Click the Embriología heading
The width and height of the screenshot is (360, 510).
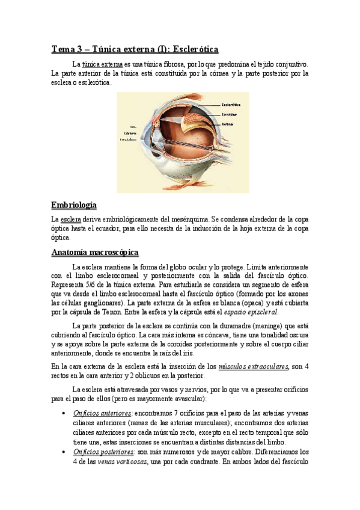(x=75, y=205)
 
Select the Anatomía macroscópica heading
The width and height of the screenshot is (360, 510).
(x=95, y=252)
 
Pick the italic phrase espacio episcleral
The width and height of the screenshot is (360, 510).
(x=252, y=312)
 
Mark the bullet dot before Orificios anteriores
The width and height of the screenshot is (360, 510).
(x=64, y=414)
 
